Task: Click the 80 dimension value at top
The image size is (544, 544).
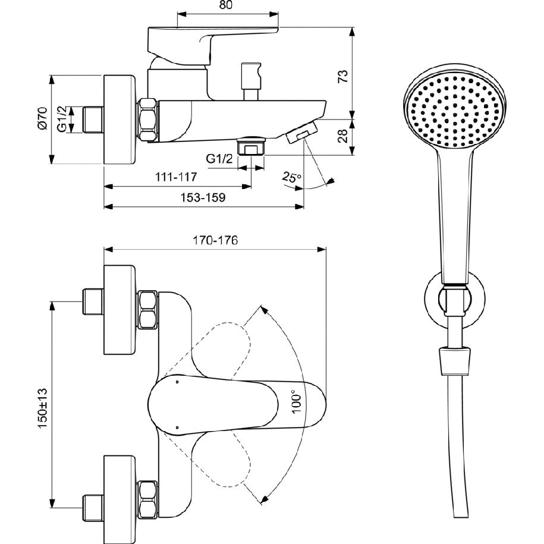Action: tap(226, 5)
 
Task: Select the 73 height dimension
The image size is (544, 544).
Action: tap(342, 76)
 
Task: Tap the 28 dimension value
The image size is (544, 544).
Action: tap(342, 136)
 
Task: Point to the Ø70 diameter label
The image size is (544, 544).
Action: tap(43, 119)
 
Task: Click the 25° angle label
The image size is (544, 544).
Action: tap(291, 177)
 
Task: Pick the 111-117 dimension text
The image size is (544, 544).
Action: tap(175, 177)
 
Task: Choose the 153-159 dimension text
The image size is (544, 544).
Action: tap(203, 197)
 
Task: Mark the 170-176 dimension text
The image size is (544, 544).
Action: tap(215, 240)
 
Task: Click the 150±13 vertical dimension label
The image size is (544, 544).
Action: tap(43, 408)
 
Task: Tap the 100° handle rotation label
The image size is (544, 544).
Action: tap(296, 401)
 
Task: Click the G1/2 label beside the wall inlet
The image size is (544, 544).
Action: tap(62, 120)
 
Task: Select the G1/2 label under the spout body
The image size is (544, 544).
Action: tap(219, 159)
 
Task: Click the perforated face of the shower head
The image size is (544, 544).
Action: tap(454, 109)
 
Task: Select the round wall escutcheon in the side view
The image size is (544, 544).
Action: tap(120, 119)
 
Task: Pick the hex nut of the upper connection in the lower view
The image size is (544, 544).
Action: tap(147, 310)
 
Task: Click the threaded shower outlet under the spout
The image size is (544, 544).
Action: tap(251, 146)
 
